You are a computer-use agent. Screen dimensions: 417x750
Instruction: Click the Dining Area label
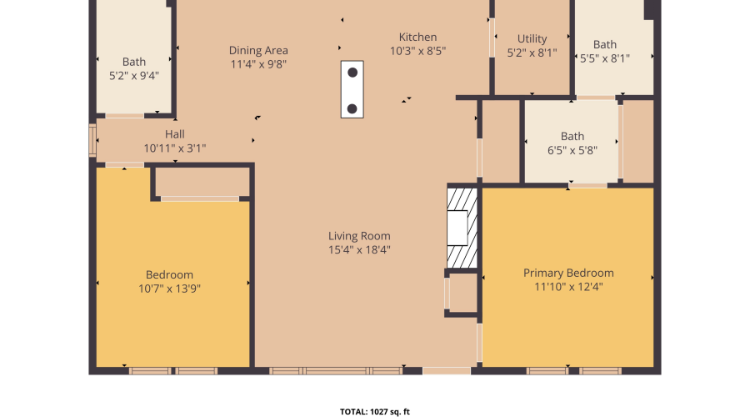point(258,51)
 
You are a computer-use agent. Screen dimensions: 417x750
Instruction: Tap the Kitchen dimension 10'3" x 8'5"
point(417,51)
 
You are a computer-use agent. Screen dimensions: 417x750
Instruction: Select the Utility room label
point(532,39)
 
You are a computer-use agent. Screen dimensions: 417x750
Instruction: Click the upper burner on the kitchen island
point(352,73)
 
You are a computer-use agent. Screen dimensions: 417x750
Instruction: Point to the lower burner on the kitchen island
point(352,108)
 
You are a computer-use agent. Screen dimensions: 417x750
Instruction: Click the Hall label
point(174,134)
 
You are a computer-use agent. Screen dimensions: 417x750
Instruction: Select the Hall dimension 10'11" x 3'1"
point(174,148)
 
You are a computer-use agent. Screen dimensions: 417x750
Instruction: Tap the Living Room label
point(359,236)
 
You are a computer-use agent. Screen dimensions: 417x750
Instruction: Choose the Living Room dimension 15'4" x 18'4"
point(359,249)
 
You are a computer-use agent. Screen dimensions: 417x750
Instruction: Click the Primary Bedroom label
point(568,273)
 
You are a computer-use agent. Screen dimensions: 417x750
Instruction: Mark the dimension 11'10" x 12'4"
point(568,287)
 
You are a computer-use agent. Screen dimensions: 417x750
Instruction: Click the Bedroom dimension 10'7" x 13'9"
point(169,289)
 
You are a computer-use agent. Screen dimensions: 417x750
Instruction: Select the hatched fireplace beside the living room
point(461,228)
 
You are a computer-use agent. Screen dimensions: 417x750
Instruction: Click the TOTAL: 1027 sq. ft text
point(374,411)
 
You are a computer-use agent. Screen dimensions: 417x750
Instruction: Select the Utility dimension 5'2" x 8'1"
point(532,53)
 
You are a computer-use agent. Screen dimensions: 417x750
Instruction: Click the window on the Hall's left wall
point(92,140)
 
